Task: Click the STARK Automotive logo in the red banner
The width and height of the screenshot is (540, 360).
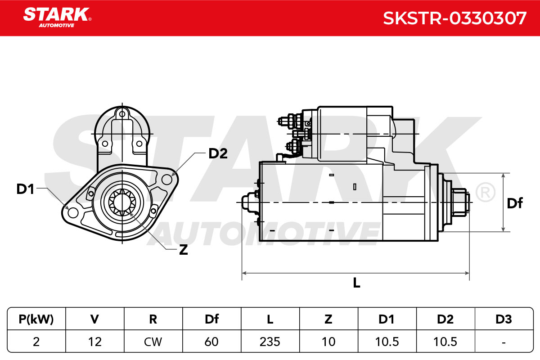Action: pos(57,17)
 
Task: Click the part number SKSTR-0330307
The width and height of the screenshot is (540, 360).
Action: pos(454,18)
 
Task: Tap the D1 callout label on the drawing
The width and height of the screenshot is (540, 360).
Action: pos(25,189)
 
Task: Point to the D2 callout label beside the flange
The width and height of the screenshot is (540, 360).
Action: pos(218,153)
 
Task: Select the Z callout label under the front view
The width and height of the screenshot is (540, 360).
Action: pos(184,250)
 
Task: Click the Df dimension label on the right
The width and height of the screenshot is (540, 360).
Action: pos(515,203)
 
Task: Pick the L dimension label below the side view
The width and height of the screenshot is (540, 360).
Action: pos(356,283)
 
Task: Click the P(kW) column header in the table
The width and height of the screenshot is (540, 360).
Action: pos(36,319)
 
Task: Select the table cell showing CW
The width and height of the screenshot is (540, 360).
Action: pos(153,342)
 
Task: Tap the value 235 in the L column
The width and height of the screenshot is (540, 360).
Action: pos(270,342)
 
